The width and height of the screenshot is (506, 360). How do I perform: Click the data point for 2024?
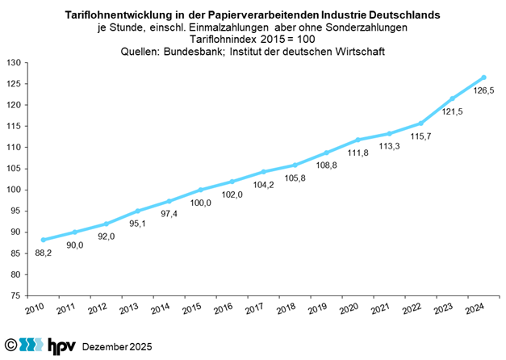(x=483, y=77)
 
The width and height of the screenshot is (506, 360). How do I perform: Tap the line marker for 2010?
(x=43, y=240)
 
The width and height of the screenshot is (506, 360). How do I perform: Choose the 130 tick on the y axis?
(x=15, y=62)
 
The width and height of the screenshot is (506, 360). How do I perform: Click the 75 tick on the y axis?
(x=17, y=295)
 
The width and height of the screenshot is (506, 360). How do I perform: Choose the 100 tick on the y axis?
(x=15, y=190)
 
